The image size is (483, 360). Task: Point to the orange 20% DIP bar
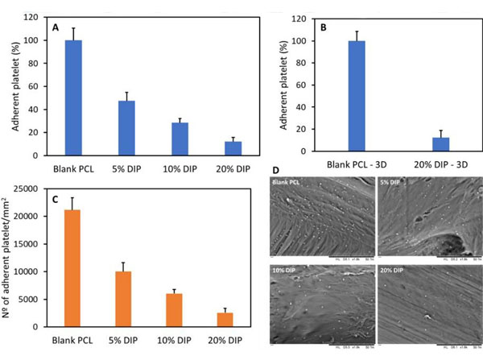click(x=233, y=319)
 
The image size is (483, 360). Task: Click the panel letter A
click(x=56, y=27)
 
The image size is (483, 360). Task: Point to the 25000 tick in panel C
click(x=31, y=188)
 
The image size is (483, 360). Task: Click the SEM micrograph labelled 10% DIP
click(x=318, y=302)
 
